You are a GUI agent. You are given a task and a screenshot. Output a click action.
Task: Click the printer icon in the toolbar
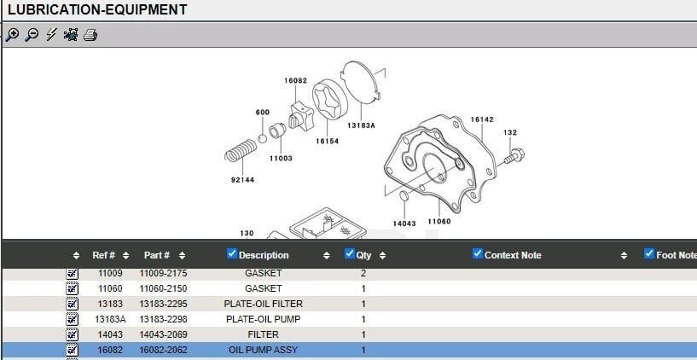90,35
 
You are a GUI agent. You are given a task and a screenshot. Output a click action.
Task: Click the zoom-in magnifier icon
12,35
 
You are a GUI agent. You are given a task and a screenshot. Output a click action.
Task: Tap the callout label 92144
242,180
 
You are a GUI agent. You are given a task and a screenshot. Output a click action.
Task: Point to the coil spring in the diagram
240,154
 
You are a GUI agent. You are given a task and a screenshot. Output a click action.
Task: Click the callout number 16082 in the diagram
295,80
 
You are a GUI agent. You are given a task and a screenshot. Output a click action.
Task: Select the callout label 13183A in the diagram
362,125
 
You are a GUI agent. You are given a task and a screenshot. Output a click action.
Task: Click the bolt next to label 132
514,156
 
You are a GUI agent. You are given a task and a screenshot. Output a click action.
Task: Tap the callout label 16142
482,119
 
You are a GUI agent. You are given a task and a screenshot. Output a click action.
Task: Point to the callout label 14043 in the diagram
404,224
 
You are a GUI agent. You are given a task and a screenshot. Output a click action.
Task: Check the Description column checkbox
232,253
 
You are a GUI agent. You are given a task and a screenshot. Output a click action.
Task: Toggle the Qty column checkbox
349,253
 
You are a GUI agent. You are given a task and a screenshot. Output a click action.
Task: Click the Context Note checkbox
478,253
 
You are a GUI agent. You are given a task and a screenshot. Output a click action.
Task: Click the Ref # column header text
104,255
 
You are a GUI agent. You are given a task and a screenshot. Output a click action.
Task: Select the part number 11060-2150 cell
163,288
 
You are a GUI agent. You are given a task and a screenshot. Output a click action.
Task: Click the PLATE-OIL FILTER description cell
263,304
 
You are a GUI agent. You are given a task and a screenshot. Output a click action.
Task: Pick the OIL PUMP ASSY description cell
263,350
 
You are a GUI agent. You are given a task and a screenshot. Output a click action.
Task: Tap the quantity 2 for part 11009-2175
363,273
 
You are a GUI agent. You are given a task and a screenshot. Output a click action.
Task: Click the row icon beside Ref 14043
72,334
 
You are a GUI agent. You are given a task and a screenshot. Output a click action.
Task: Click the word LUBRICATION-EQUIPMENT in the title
96,10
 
